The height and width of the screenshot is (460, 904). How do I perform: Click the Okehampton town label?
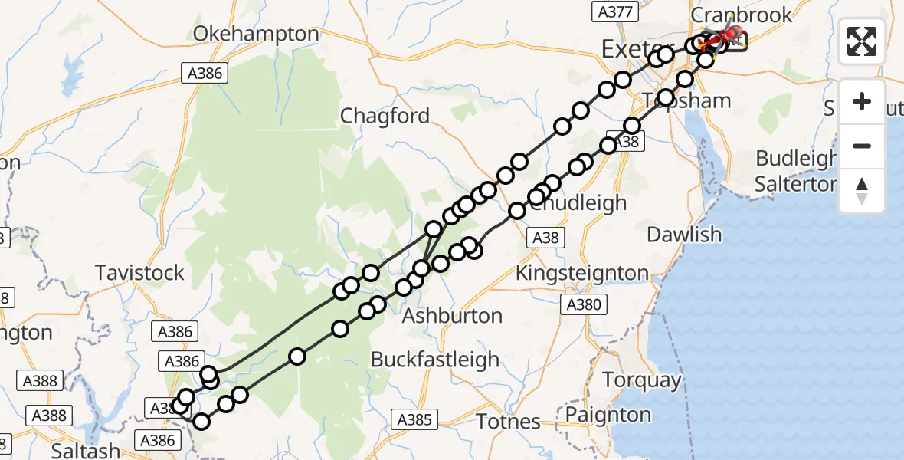coord(256,34)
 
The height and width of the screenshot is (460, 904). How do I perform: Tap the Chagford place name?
coord(385,116)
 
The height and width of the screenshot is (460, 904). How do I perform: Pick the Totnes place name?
coord(508,421)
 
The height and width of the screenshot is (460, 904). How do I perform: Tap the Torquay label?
coord(641,379)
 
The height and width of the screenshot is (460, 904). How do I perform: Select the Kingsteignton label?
coord(582,272)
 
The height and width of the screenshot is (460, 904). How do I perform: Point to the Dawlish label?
coord(684,235)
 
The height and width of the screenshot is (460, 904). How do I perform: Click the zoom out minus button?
coord(862,146)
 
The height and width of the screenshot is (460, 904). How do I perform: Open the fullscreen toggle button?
coord(862,41)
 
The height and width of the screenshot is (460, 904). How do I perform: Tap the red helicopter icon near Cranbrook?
coord(731,34)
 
